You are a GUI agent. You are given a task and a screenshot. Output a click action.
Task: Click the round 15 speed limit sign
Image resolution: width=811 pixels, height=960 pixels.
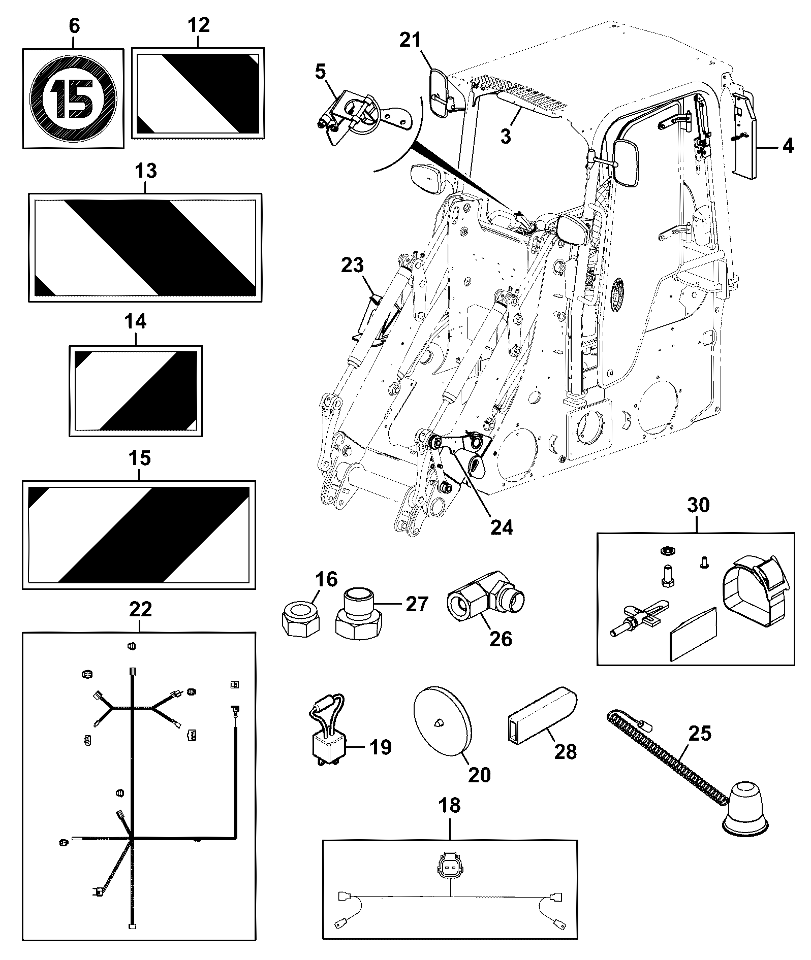(74, 99)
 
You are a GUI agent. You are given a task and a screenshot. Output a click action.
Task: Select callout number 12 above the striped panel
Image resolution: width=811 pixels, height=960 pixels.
(198, 24)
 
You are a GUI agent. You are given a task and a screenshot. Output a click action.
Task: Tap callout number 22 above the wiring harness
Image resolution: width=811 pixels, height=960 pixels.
(140, 609)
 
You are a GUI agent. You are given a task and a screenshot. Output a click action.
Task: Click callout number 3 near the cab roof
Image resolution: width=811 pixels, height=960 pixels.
(505, 136)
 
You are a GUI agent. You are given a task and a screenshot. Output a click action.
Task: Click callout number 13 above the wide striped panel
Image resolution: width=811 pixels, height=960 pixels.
(146, 171)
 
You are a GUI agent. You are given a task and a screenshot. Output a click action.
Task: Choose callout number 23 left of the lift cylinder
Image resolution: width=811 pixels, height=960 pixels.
(352, 265)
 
